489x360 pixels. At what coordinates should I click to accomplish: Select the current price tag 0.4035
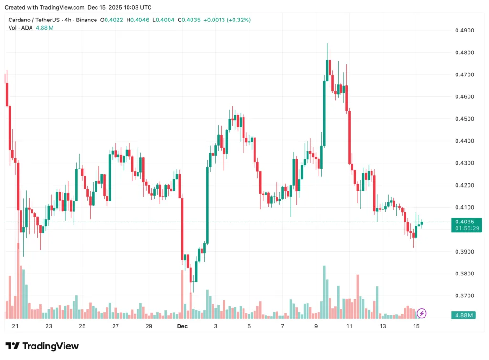tap(464, 222)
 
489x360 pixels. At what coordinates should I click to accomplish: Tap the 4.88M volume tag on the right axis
tap(464, 315)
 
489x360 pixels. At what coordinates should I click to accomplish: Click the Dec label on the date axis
tap(182, 326)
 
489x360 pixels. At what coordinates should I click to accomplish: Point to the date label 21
tap(15, 326)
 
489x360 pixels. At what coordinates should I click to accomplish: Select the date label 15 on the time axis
tap(416, 326)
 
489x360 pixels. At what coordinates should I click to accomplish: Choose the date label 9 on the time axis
tap(316, 326)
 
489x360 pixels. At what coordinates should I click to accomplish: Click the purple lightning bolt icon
tap(422, 314)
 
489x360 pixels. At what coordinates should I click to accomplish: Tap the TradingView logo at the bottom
tap(42, 346)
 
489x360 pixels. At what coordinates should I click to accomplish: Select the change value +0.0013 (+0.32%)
tap(227, 20)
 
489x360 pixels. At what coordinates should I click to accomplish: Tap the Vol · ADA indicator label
tap(20, 28)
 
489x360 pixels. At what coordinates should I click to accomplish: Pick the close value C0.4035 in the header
tap(189, 20)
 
